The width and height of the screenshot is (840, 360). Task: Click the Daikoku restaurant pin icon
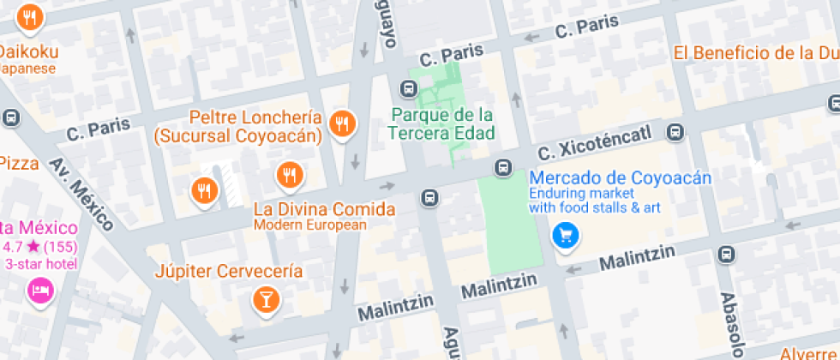(x=30, y=17)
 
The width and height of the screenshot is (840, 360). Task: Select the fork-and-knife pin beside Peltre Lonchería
(x=343, y=124)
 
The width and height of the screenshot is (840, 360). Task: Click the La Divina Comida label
(x=325, y=208)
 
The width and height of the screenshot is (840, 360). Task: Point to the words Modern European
(x=309, y=225)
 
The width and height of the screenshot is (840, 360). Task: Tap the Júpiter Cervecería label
(x=229, y=272)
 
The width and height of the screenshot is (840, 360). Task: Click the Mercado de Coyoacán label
(x=621, y=178)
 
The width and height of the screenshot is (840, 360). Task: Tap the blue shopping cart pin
(x=564, y=234)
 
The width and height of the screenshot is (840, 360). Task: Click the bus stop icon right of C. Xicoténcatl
(x=676, y=132)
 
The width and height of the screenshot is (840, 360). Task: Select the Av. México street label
(x=81, y=195)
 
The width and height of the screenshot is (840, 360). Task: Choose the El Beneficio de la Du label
(x=754, y=53)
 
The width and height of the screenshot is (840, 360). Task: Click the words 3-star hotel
(x=40, y=264)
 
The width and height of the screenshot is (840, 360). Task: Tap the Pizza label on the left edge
(x=19, y=163)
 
